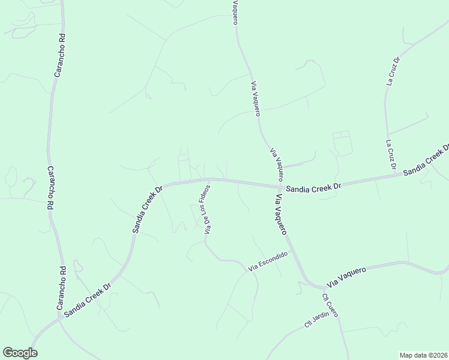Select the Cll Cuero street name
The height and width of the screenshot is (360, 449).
pyautogui.click(x=330, y=305)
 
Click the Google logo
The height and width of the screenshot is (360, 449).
pyautogui.click(x=20, y=353)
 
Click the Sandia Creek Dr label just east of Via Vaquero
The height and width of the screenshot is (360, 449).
pyautogui.click(x=313, y=187)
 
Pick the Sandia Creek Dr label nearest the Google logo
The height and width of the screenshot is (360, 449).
pyautogui.click(x=88, y=299)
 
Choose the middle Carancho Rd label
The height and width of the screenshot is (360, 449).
pyautogui.click(x=50, y=188)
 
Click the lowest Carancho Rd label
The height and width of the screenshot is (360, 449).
pyautogui.click(x=61, y=287)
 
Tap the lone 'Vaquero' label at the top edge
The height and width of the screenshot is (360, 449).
pyautogui.click(x=235, y=13)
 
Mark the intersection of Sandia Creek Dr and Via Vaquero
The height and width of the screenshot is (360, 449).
pyautogui.click(x=278, y=185)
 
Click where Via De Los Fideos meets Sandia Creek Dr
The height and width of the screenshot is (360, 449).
pyautogui.click(x=208, y=179)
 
